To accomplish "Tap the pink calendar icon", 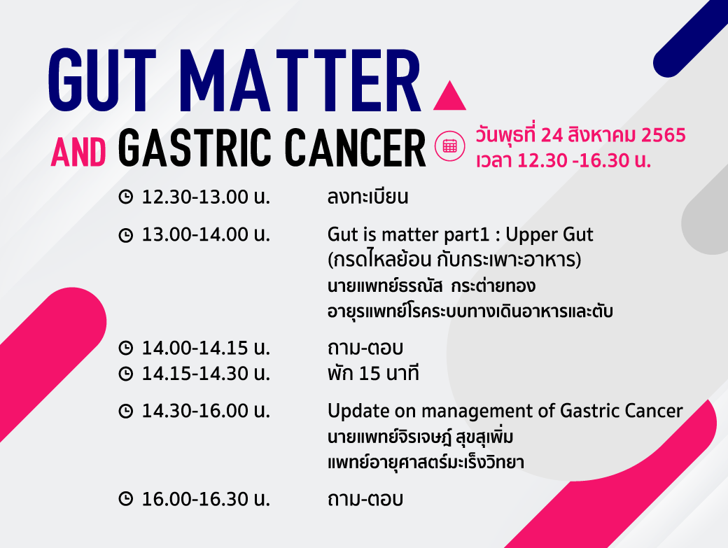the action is click(x=449, y=146).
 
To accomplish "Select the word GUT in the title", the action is click(x=102, y=80).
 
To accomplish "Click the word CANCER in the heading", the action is click(x=355, y=148).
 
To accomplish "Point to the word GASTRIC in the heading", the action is click(x=195, y=148).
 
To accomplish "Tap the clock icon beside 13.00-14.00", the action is click(x=126, y=234).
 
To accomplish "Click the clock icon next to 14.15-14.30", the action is click(x=126, y=374).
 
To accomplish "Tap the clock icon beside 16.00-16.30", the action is click(x=126, y=499).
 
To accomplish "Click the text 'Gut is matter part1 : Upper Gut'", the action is click(x=460, y=234).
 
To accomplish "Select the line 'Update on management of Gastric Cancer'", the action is click(x=505, y=411).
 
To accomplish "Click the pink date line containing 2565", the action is click(x=580, y=134).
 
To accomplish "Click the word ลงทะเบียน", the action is click(x=367, y=197).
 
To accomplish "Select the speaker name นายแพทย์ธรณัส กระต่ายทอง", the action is click(x=431, y=286).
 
